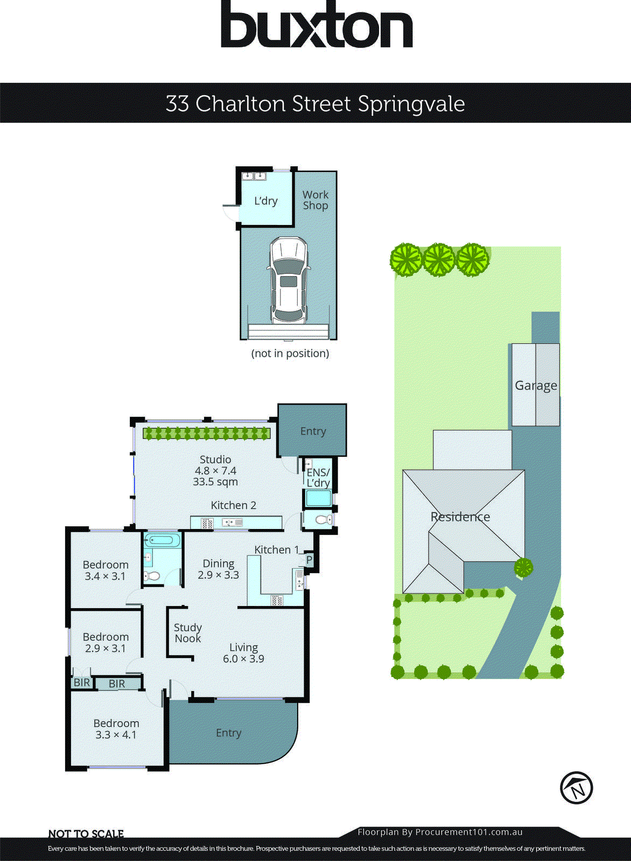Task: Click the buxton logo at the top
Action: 317,25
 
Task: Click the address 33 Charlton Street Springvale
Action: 315,103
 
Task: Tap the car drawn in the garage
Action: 289,280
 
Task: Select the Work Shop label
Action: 315,200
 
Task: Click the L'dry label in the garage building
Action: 265,201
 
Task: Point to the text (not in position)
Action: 290,354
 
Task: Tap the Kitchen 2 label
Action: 233,505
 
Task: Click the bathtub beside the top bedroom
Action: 161,540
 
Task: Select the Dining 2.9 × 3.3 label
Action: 218,569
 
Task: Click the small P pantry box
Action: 309,560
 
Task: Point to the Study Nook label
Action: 187,633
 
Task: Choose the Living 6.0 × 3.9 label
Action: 243,653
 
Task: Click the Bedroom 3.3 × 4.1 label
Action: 116,729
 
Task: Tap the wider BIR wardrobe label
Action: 117,684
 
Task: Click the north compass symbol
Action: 576,788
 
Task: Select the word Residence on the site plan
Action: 460,517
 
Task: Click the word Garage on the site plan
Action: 536,386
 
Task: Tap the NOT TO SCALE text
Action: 86,834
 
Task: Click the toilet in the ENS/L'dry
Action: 322,520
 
